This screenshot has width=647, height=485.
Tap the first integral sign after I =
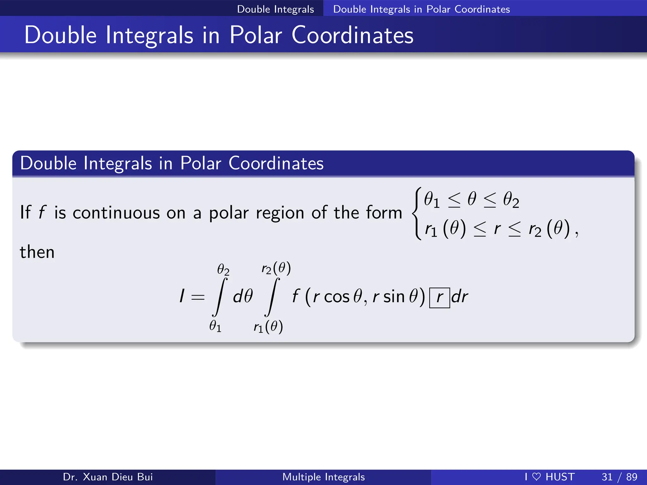tap(220, 297)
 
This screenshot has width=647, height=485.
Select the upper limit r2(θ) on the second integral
tap(276, 268)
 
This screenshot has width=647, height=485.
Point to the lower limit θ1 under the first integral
tap(215, 326)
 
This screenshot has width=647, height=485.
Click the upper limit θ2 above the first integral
tap(223, 269)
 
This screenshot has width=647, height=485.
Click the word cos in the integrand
tap(337, 297)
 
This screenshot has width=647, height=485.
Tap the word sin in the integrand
tap(394, 297)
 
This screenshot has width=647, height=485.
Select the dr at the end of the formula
tap(460, 297)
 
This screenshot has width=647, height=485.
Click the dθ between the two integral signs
tap(243, 297)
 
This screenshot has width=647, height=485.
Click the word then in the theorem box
tap(37, 252)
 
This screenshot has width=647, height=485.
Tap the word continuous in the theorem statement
tap(116, 213)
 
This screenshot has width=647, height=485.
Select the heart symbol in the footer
tap(536, 476)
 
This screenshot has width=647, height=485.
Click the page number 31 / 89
tap(619, 477)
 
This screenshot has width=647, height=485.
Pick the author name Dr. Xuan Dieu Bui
tap(108, 477)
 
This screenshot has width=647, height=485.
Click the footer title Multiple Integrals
tap(323, 477)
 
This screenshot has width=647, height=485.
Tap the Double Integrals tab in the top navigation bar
tap(275, 9)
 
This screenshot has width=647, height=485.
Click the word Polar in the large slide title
tap(256, 35)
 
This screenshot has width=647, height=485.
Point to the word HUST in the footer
tap(560, 477)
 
